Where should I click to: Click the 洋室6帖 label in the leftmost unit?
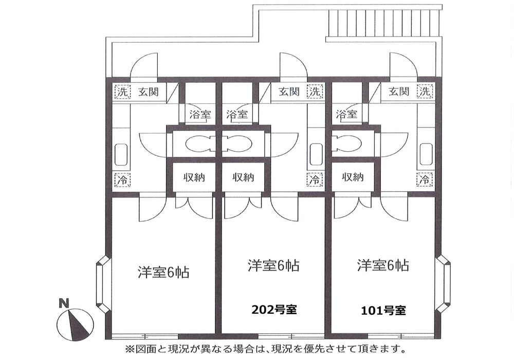click(163, 272)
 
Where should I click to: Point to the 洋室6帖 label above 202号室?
click(274, 265)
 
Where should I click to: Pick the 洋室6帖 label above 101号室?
click(383, 265)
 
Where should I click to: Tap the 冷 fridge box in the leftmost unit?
click(122, 180)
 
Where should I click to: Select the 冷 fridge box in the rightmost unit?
click(425, 180)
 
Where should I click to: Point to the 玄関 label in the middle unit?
click(289, 93)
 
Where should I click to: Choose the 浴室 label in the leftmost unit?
click(200, 114)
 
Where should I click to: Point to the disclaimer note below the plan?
click(262, 349)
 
